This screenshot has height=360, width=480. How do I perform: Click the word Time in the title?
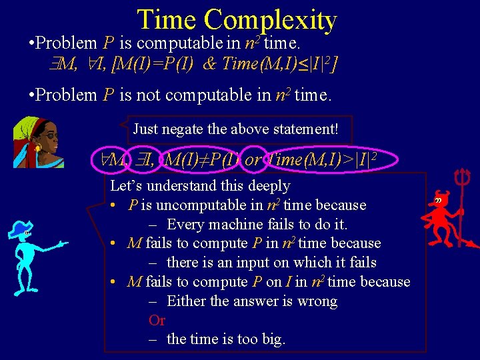tap(167, 20)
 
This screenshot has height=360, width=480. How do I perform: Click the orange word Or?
tap(157, 320)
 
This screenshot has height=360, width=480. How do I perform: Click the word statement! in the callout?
tap(307, 128)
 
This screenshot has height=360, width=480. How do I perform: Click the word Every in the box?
tap(186, 224)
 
